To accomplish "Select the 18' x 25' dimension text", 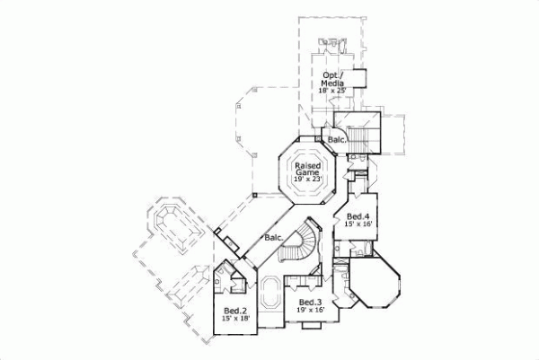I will pos(333,91).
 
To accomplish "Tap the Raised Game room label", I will pos(308,165).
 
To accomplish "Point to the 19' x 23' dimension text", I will pos(308,180).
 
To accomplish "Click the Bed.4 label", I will pos(358,216).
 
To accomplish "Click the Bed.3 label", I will pos(311,303).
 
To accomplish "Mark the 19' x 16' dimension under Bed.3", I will pos(311,311).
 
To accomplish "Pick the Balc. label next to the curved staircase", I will pos(274,237).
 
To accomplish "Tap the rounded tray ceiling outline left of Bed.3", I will pos(270,296).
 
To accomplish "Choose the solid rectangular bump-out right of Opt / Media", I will pos(359,79).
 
